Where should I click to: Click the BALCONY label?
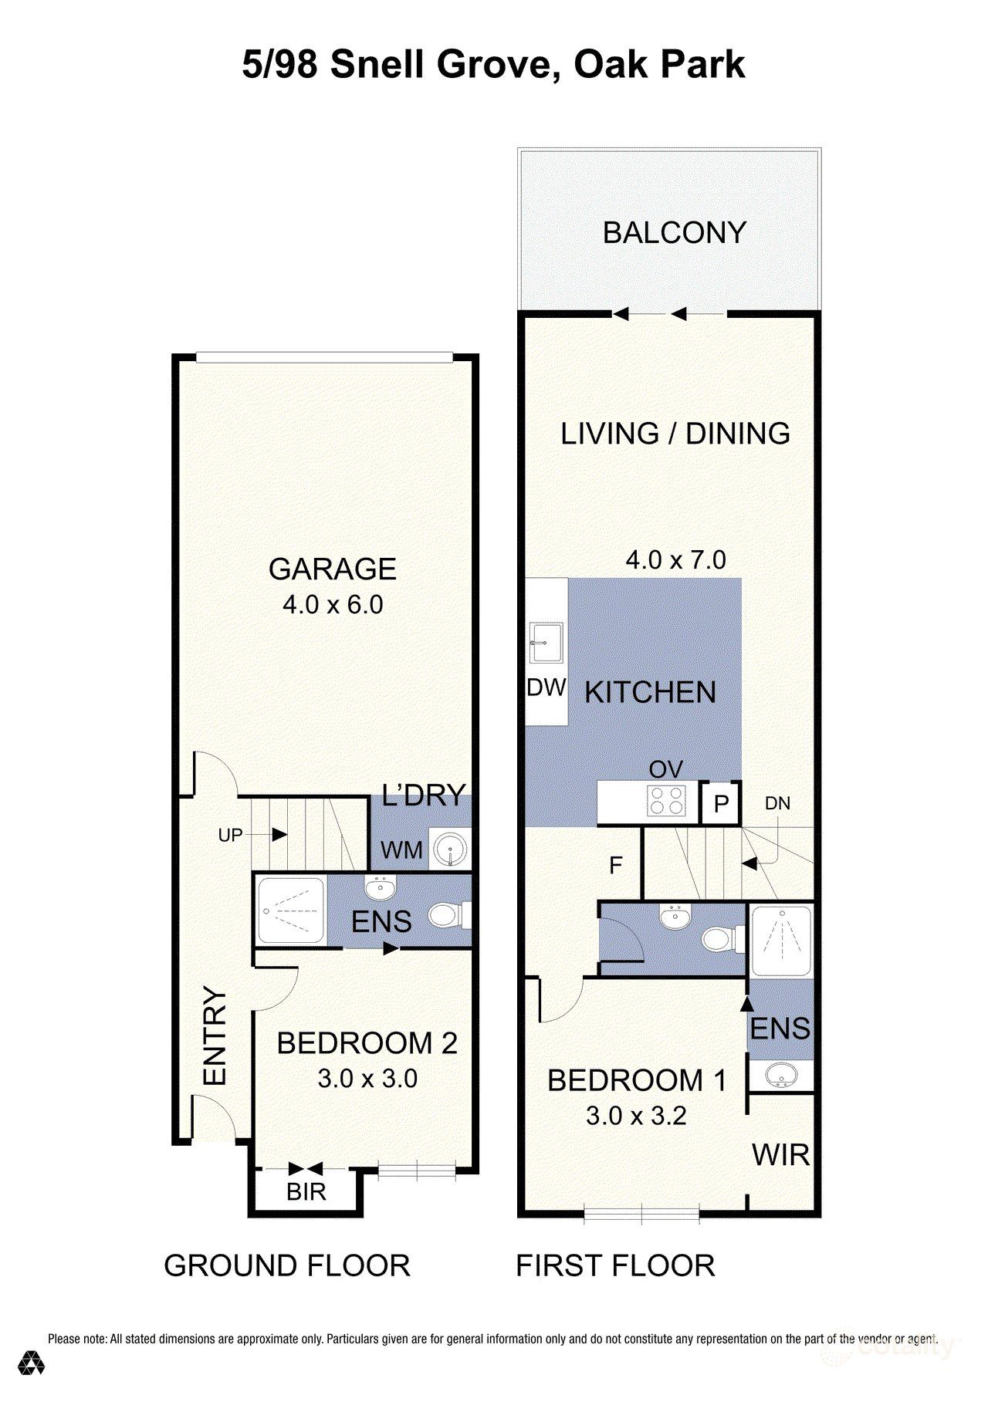click(674, 232)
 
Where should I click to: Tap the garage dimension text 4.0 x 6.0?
click(333, 604)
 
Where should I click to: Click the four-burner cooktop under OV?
click(667, 799)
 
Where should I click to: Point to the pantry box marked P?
click(721, 804)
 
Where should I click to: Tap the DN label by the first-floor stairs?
click(777, 803)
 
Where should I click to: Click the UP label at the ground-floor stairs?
click(230, 835)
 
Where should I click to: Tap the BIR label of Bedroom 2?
click(306, 1192)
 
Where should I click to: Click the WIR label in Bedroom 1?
click(781, 1155)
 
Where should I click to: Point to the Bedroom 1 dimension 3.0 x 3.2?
click(636, 1116)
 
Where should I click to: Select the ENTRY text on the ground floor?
click(214, 1036)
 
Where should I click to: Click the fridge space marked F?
click(615, 866)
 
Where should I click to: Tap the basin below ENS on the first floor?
click(780, 1075)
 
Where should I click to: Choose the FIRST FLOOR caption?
click(615, 1265)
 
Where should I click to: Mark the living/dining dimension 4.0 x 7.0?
click(675, 559)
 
